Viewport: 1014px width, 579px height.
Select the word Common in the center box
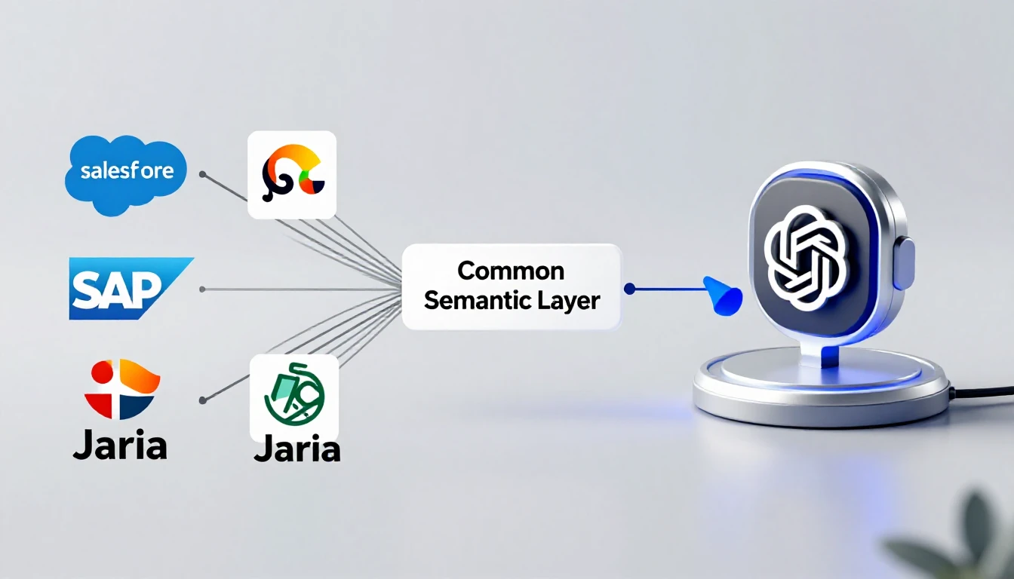coord(511,271)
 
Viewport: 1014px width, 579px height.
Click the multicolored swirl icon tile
coord(292,175)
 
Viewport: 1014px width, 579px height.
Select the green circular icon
coord(294,394)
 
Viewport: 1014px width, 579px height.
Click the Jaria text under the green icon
coord(297,449)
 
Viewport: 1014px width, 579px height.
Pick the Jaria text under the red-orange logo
coord(120,446)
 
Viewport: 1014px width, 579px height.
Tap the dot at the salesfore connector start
coord(202,174)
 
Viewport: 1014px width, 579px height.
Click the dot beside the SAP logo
coord(202,289)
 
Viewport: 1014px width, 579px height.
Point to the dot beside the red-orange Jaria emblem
coord(202,400)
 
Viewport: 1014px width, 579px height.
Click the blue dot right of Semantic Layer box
coord(628,287)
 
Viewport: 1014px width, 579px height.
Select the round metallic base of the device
coord(821,389)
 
